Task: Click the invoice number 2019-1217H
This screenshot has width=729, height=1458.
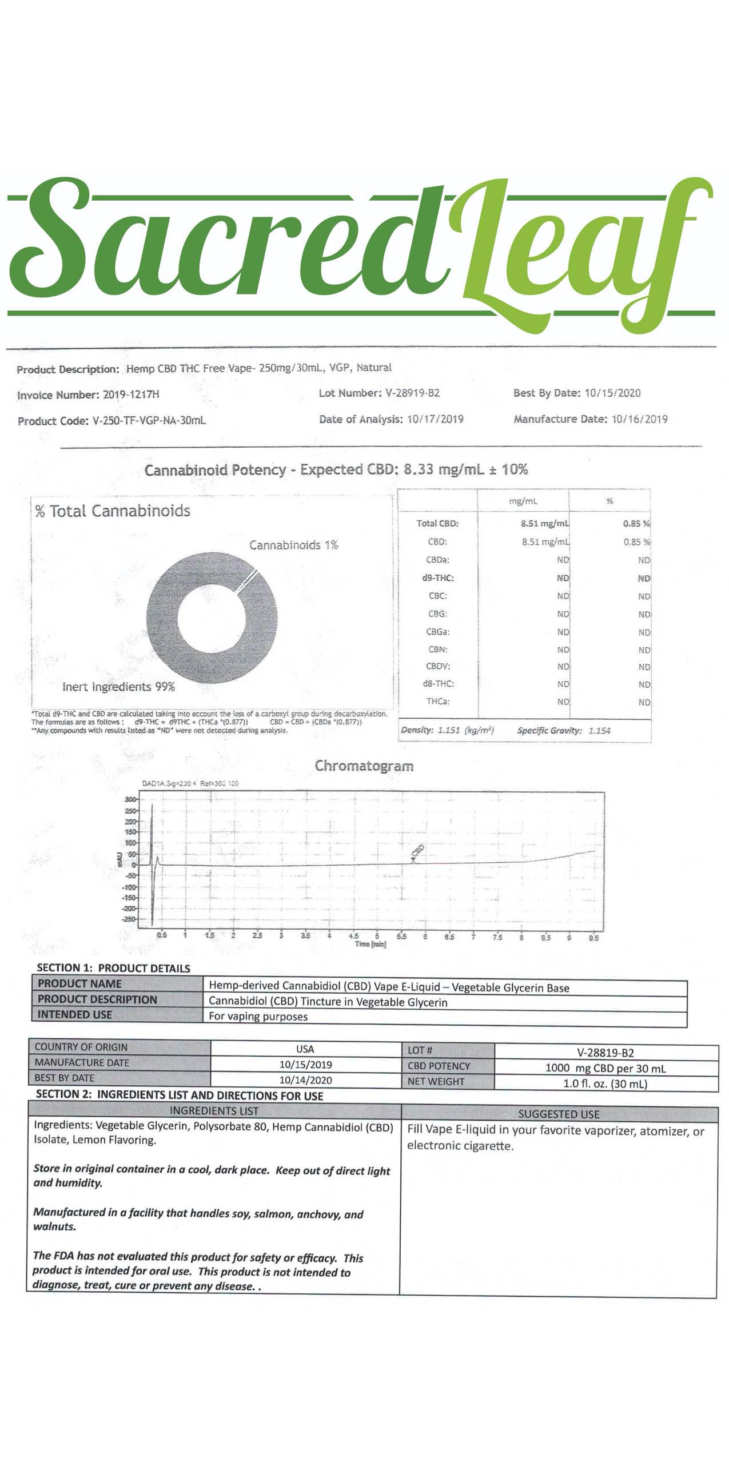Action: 131,395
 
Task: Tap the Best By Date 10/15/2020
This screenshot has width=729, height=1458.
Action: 612,393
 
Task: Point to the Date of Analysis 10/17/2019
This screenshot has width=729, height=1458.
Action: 435,419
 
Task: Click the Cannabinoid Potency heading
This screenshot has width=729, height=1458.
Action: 336,470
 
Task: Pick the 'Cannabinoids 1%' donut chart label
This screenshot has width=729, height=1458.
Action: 293,545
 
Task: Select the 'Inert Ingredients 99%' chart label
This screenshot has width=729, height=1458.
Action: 118,687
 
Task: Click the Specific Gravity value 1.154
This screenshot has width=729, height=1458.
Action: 599,730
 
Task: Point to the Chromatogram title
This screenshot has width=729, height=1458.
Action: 364,766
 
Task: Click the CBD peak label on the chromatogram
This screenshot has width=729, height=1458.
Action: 418,851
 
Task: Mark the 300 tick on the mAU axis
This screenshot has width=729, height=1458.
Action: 130,799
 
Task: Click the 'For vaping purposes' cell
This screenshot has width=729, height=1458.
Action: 258,1017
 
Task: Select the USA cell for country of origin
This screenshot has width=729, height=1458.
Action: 305,1049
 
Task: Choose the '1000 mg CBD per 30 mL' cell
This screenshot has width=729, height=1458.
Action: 605,1067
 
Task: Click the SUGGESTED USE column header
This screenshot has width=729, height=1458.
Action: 559,1113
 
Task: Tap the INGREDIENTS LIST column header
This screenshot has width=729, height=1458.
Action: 214,1110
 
